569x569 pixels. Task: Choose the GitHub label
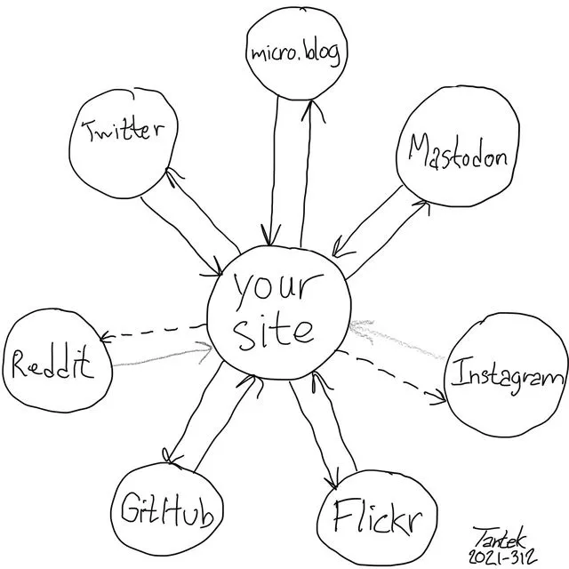pos(167,509)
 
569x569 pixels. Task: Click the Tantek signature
pos(500,538)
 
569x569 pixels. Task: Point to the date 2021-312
pos(502,556)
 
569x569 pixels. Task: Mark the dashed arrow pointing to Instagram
pos(391,377)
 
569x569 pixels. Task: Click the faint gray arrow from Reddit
pos(163,355)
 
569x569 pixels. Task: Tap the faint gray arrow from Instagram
pos(397,339)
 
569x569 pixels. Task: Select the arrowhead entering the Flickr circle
pos(332,478)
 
